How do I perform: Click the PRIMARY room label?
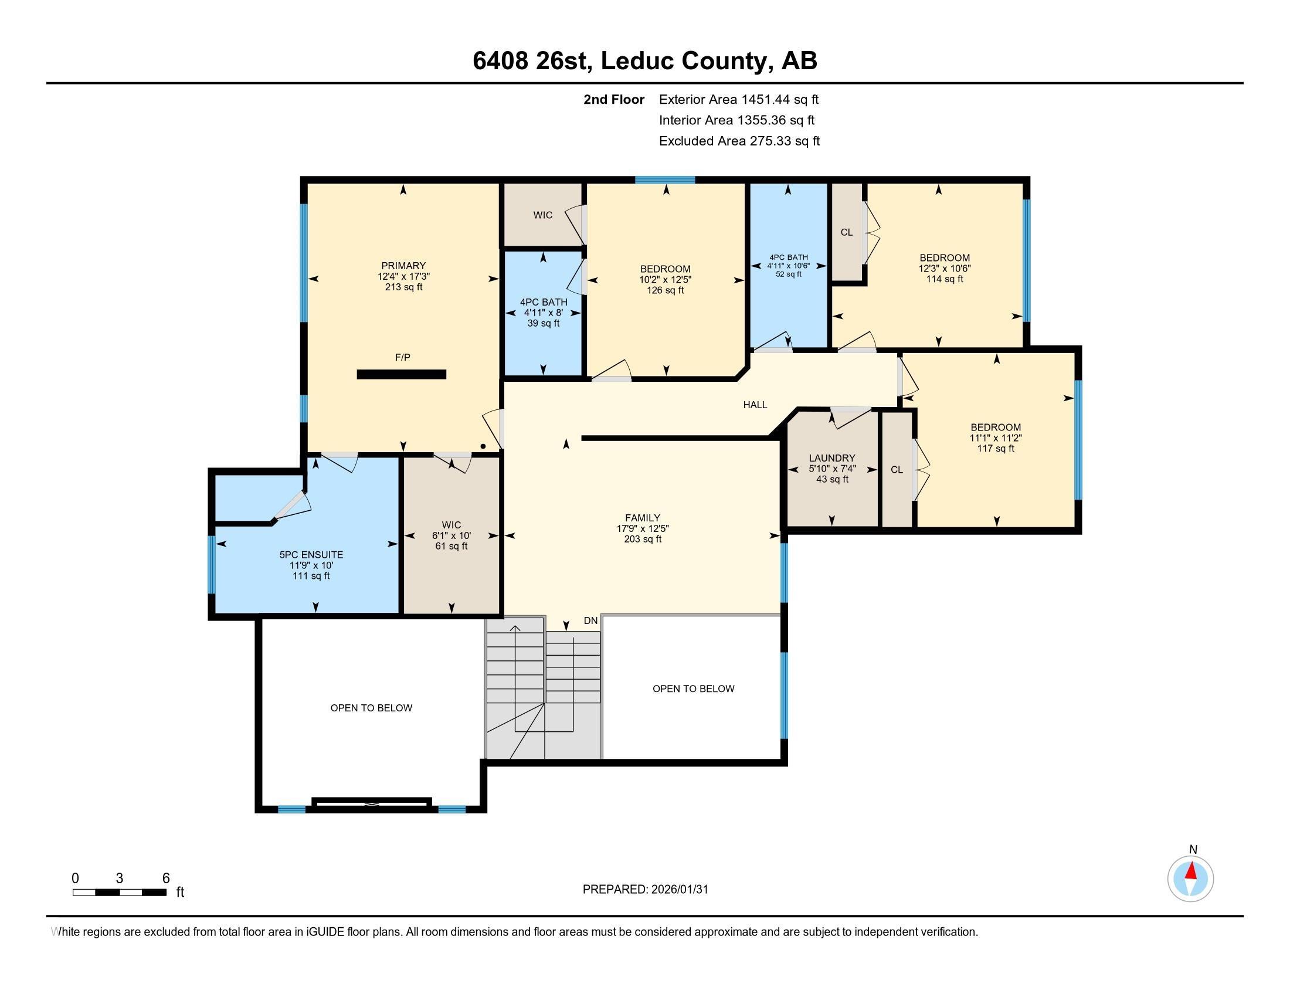pyautogui.click(x=403, y=266)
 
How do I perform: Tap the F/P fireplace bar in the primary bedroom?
pyautogui.click(x=401, y=375)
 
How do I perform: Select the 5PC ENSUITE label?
pyautogui.click(x=311, y=555)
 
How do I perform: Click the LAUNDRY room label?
pyautogui.click(x=831, y=458)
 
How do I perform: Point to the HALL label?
pyautogui.click(x=755, y=405)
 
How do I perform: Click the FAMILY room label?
pyautogui.click(x=643, y=518)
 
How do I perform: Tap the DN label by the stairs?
pyautogui.click(x=590, y=620)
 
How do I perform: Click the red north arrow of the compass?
pyautogui.click(x=1191, y=871)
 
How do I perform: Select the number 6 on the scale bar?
pyautogui.click(x=166, y=879)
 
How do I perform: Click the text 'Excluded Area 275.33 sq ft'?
pyautogui.click(x=739, y=141)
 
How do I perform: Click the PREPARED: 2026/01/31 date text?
pyautogui.click(x=645, y=890)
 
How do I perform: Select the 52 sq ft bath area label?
pyautogui.click(x=789, y=274)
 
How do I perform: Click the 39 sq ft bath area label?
pyautogui.click(x=544, y=323)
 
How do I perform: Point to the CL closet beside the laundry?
pyautogui.click(x=897, y=470)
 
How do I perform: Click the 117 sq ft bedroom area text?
pyautogui.click(x=995, y=448)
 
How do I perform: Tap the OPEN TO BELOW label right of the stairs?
pyautogui.click(x=693, y=689)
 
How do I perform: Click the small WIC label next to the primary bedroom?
pyautogui.click(x=543, y=215)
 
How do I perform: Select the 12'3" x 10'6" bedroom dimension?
pyautogui.click(x=945, y=268)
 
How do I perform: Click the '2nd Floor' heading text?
pyautogui.click(x=614, y=100)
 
